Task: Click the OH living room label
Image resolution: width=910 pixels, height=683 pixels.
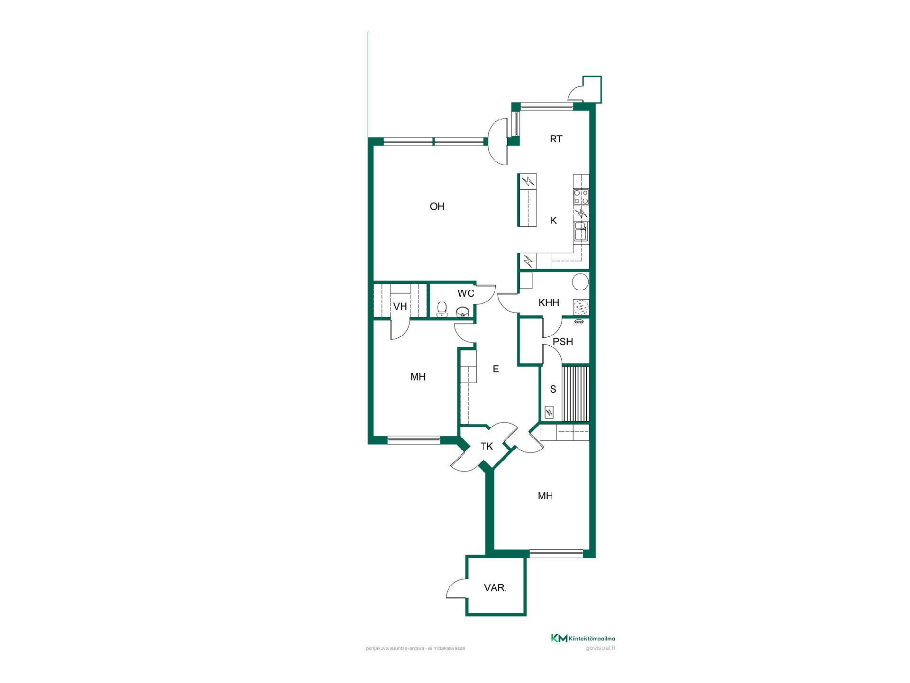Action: [437, 206]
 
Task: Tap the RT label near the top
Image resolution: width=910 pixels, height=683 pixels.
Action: [556, 139]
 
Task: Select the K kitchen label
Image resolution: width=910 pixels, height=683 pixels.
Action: [554, 221]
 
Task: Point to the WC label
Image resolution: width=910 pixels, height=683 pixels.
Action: [466, 294]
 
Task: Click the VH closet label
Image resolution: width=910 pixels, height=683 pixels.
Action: [400, 306]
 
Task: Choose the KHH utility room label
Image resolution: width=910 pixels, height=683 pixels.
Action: [549, 303]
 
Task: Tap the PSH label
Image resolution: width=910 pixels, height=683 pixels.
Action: [563, 341]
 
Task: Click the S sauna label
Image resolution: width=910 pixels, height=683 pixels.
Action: [553, 389]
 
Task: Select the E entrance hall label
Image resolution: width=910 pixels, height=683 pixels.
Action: [496, 369]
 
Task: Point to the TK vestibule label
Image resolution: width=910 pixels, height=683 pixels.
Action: [487, 446]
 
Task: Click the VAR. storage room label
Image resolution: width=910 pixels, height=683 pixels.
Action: [495, 588]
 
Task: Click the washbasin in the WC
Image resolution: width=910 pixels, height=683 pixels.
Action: [463, 312]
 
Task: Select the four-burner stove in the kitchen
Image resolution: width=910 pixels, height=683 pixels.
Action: [581, 197]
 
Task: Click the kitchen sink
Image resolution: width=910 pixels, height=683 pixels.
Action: [581, 233]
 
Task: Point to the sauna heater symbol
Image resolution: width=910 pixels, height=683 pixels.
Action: [549, 413]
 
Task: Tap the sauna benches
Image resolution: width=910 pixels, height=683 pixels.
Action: [575, 394]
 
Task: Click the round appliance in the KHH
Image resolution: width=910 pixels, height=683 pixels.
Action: [580, 282]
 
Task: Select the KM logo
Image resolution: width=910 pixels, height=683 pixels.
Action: [559, 638]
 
